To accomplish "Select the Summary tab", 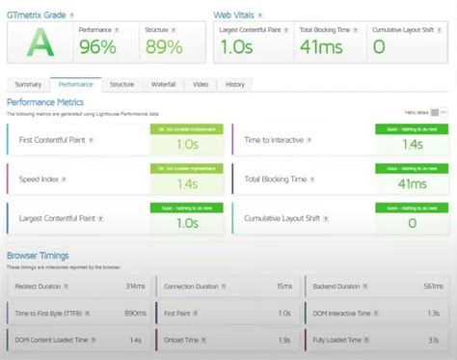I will pyautogui.click(x=28, y=85).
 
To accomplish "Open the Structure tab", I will pyautogui.click(x=121, y=85).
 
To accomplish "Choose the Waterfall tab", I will pyautogui.click(x=164, y=85).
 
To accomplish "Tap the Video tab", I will pyautogui.click(x=201, y=85).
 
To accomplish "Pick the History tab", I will pyautogui.click(x=234, y=85).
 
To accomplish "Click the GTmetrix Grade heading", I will pyautogui.click(x=38, y=14).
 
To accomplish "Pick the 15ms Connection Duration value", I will pyautogui.click(x=284, y=287).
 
